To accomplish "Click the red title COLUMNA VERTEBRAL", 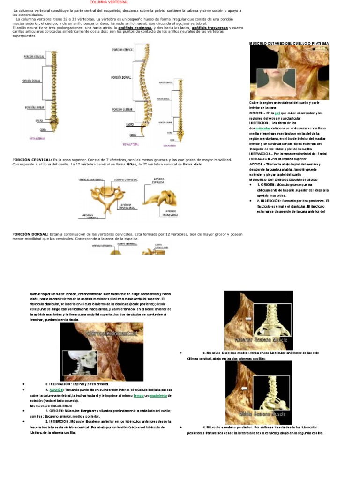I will tap(109, 2).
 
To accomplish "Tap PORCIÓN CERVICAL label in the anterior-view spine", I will tap(34, 57).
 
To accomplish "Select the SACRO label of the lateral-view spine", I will tap(130, 124).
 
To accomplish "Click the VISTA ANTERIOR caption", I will tap(37, 139).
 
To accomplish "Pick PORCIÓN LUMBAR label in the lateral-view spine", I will tap(122, 109).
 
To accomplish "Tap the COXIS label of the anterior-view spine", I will tap(43, 130).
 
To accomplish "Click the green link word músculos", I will tap(263, 127).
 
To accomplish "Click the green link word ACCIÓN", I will tap(56, 390).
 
